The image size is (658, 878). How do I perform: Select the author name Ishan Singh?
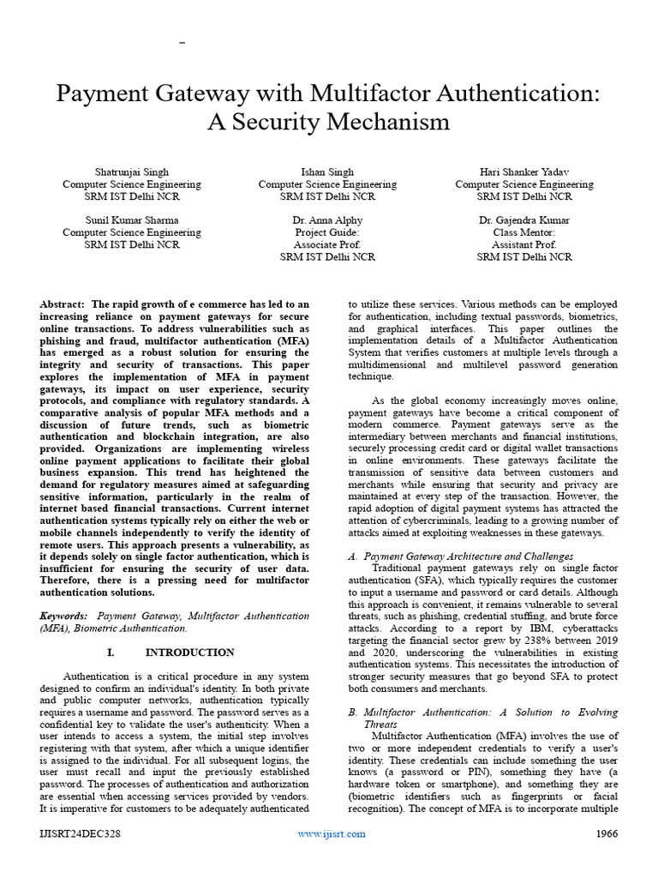tap(327, 171)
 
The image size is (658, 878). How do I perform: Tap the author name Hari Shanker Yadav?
tap(524, 171)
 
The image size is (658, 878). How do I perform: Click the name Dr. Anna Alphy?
tap(327, 219)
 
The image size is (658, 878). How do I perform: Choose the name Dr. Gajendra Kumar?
tap(524, 219)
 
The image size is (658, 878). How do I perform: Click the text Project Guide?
tap(327, 232)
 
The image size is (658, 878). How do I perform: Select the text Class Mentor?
tap(524, 232)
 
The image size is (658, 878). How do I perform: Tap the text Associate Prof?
tap(327, 244)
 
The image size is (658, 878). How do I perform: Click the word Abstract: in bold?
tap(62, 304)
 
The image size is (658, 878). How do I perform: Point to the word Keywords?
tap(64, 616)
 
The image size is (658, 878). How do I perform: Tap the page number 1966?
tap(607, 833)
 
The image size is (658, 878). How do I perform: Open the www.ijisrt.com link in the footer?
tap(332, 833)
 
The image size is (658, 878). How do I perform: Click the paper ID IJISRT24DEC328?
tap(78, 833)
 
